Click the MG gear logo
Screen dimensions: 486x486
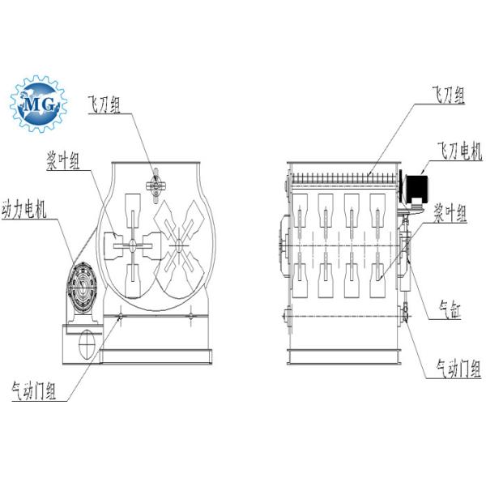39,103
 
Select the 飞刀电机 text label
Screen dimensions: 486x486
458,151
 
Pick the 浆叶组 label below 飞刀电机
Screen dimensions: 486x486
450,214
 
